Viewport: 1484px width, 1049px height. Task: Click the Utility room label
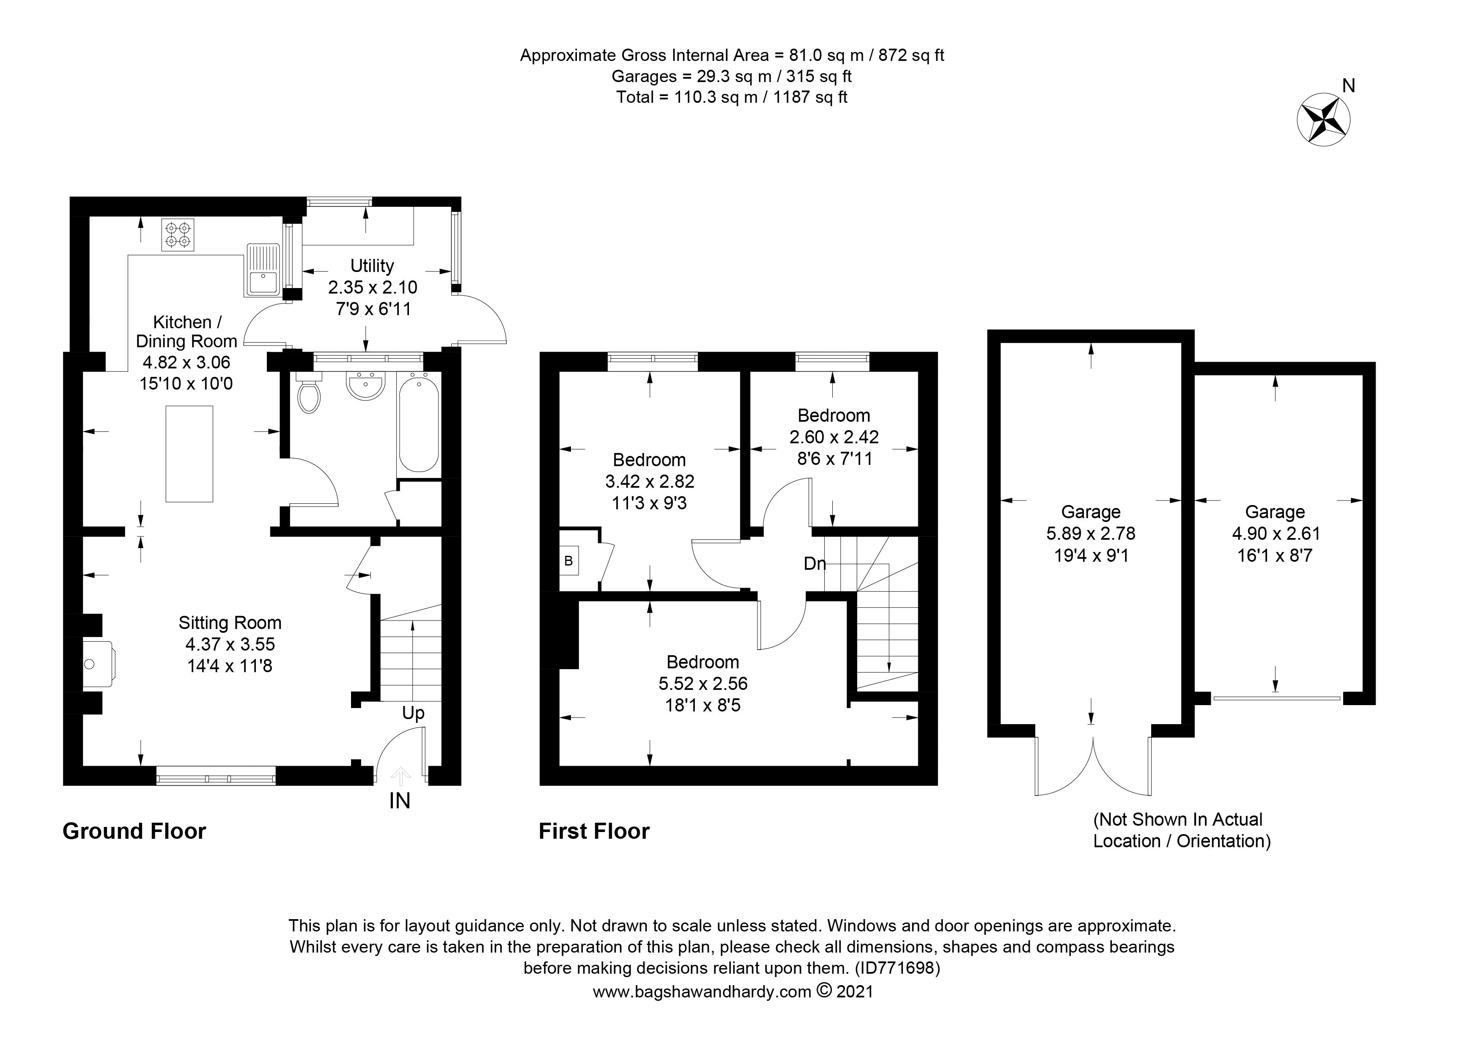372,266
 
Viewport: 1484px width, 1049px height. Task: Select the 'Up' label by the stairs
413,713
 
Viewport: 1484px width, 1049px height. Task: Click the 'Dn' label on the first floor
815,563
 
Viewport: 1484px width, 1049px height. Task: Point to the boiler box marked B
569,561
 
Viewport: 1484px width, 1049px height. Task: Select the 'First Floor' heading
594,831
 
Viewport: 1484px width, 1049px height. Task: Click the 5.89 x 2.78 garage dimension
1091,534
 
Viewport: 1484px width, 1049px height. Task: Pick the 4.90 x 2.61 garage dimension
1275,534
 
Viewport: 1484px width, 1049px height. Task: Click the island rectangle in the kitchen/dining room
189,454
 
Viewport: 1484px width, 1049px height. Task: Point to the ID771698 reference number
897,968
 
